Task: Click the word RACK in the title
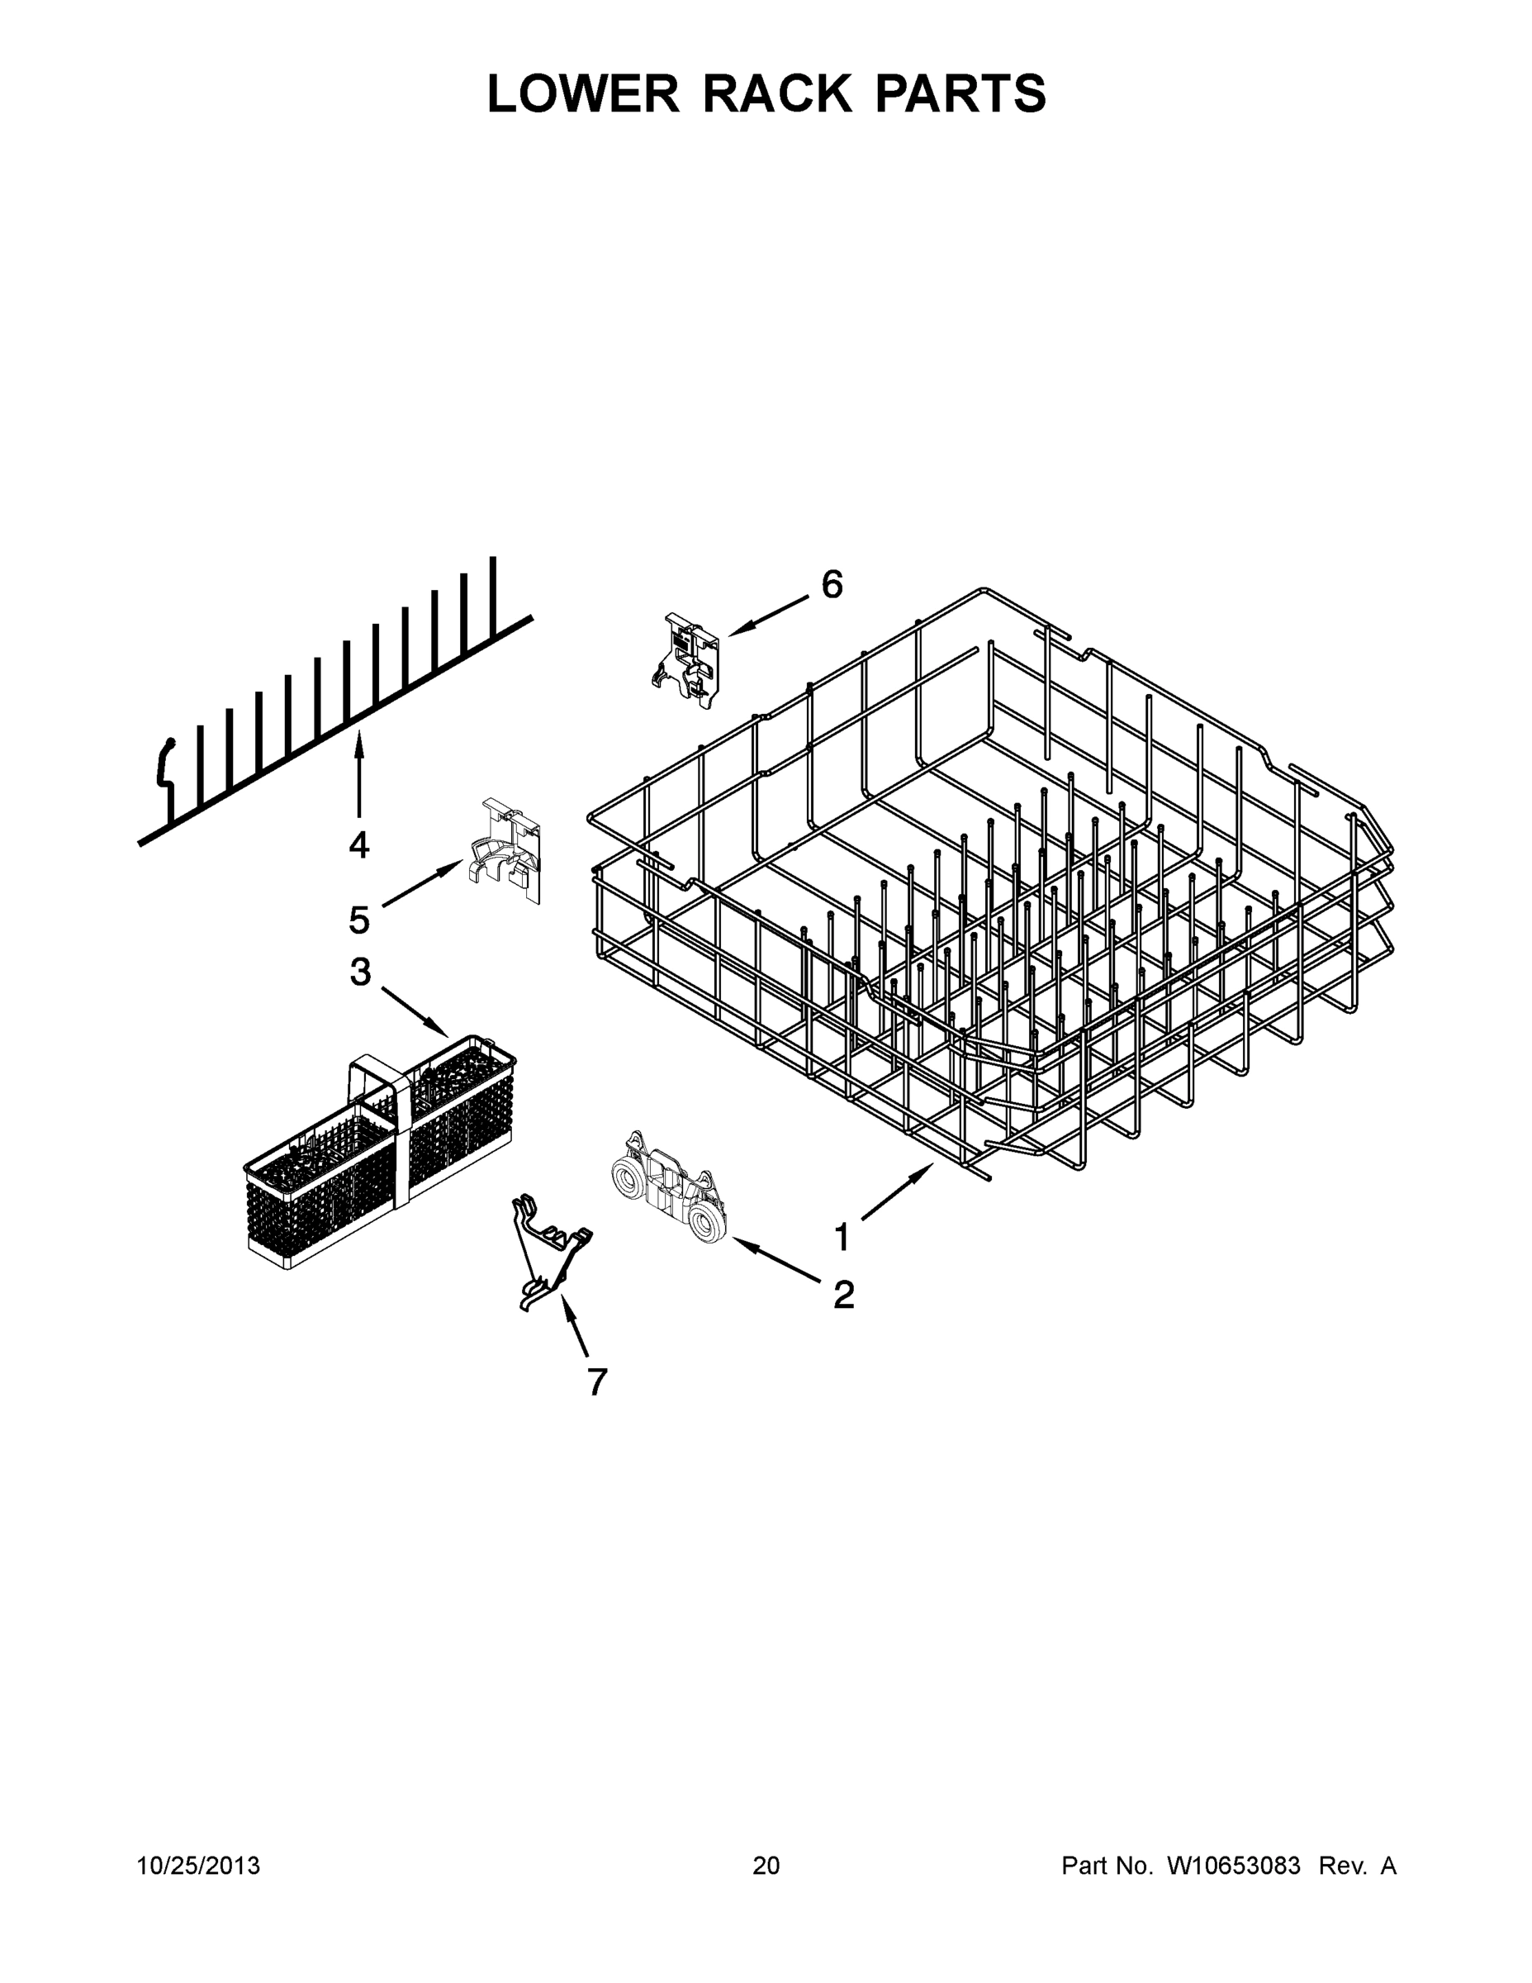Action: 778,93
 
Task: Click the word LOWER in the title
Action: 584,93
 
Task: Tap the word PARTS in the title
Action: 960,93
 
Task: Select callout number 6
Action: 832,585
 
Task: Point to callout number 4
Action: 359,845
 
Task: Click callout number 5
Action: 359,920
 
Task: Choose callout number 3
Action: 360,972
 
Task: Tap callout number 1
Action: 842,1237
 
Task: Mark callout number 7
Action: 596,1382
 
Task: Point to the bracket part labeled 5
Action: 505,849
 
